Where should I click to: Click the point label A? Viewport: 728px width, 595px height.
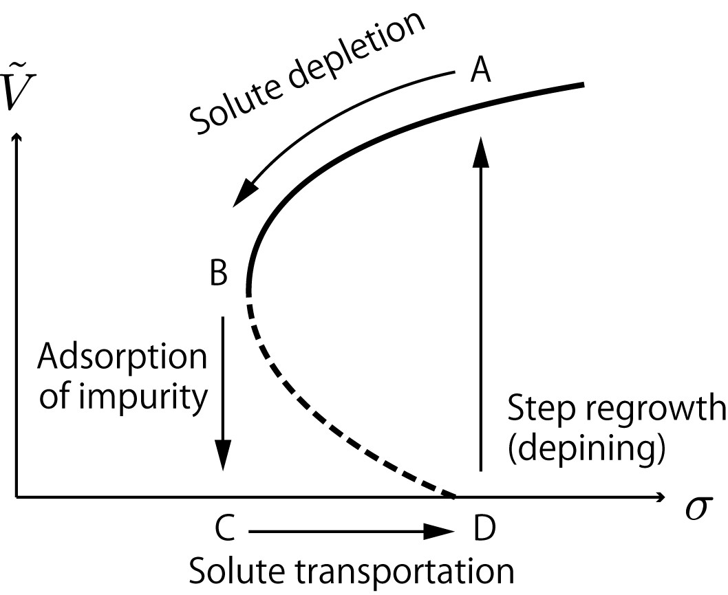click(480, 70)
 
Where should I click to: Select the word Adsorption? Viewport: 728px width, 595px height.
click(122, 358)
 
